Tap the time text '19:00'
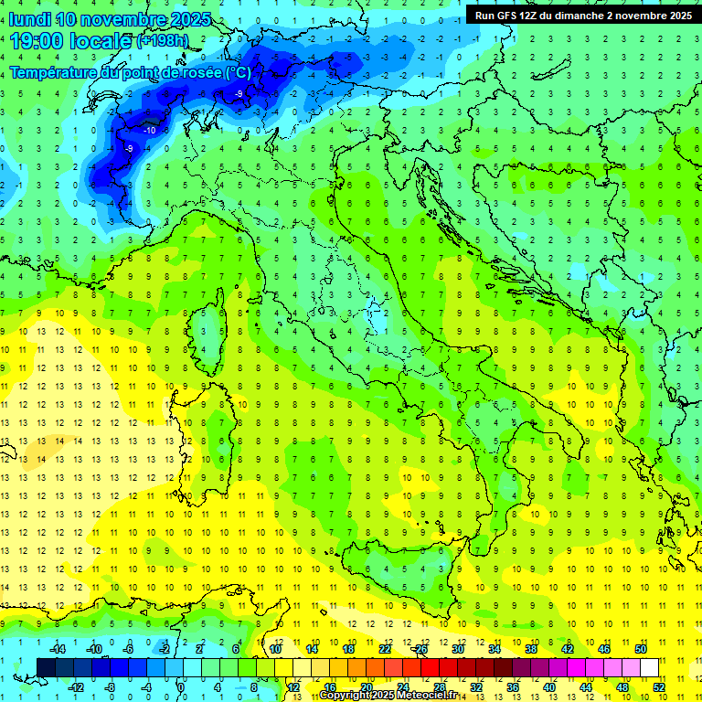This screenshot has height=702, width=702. [x=37, y=40]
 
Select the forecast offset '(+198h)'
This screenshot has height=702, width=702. [x=164, y=41]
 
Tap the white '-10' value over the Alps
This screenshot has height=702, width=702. [x=149, y=131]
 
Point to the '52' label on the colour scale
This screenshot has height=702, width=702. [x=660, y=686]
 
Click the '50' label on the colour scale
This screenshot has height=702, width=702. [x=641, y=649]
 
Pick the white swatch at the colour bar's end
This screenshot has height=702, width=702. [x=649, y=667]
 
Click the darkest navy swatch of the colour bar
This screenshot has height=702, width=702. [x=46, y=667]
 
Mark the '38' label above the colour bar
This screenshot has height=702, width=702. [x=530, y=649]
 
